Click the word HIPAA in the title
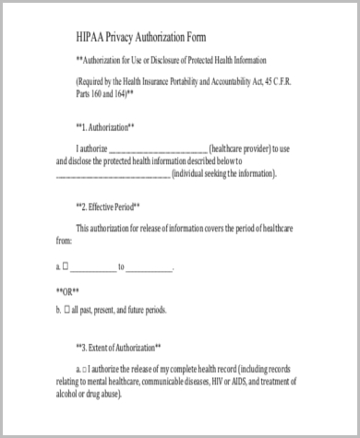[93, 38]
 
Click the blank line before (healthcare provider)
[159, 148]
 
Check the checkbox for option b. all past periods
[67, 311]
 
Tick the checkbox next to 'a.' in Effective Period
[66, 267]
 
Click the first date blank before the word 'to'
[92, 268]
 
